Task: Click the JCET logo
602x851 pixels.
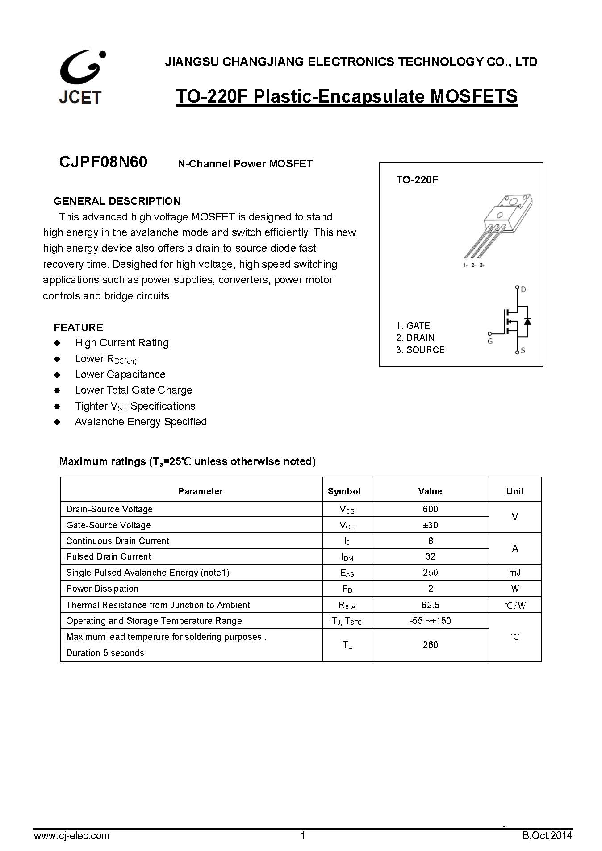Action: pos(82,77)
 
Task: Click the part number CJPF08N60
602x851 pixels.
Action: pos(103,162)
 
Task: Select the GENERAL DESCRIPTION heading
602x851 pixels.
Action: pos(117,201)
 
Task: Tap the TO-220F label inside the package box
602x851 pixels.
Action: pos(417,180)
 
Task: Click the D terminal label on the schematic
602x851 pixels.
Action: pos(523,290)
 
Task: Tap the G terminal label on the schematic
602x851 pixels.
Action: pos(490,341)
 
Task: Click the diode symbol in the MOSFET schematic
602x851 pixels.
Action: pos(527,321)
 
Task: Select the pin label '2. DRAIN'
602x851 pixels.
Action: pos(415,338)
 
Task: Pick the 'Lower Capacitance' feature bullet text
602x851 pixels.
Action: pos(120,374)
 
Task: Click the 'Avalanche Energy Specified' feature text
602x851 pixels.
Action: pos(141,422)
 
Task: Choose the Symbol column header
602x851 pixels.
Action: pos(344,491)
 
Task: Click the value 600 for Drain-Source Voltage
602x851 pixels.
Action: pos(430,509)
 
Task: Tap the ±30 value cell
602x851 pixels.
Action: pos(430,525)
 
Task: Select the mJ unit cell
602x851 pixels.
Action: pos(514,573)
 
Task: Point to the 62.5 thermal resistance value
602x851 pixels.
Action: pos(430,605)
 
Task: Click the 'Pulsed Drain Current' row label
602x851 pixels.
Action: pos(109,556)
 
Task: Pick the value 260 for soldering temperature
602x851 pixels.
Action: pos(430,645)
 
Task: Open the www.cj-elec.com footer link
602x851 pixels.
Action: pos(71,835)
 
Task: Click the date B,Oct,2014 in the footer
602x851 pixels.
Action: pos(547,835)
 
